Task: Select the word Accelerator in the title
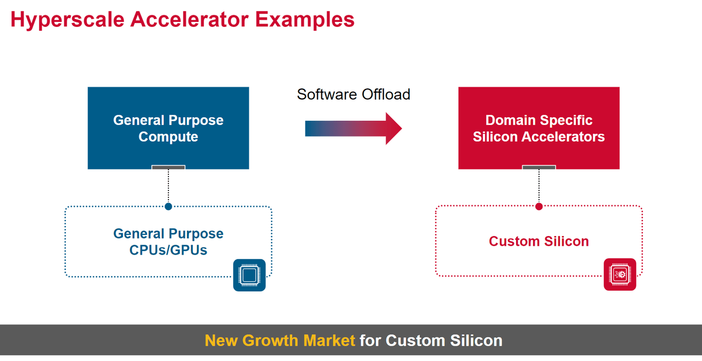click(190, 19)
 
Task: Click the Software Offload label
click(354, 94)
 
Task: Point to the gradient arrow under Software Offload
click(354, 128)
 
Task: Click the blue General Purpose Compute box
click(168, 128)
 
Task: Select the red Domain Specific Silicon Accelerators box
click(539, 128)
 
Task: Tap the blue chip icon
click(250, 275)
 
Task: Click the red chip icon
click(620, 274)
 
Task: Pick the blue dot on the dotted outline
click(168, 206)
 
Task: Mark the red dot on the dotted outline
click(539, 206)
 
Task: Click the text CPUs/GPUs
click(168, 250)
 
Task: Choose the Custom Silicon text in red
click(539, 241)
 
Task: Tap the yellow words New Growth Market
click(280, 340)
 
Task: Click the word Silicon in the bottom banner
click(476, 340)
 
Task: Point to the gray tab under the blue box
click(168, 167)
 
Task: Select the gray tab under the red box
click(539, 167)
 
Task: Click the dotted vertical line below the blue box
click(168, 186)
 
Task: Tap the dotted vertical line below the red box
click(539, 186)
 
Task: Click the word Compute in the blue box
click(168, 137)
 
